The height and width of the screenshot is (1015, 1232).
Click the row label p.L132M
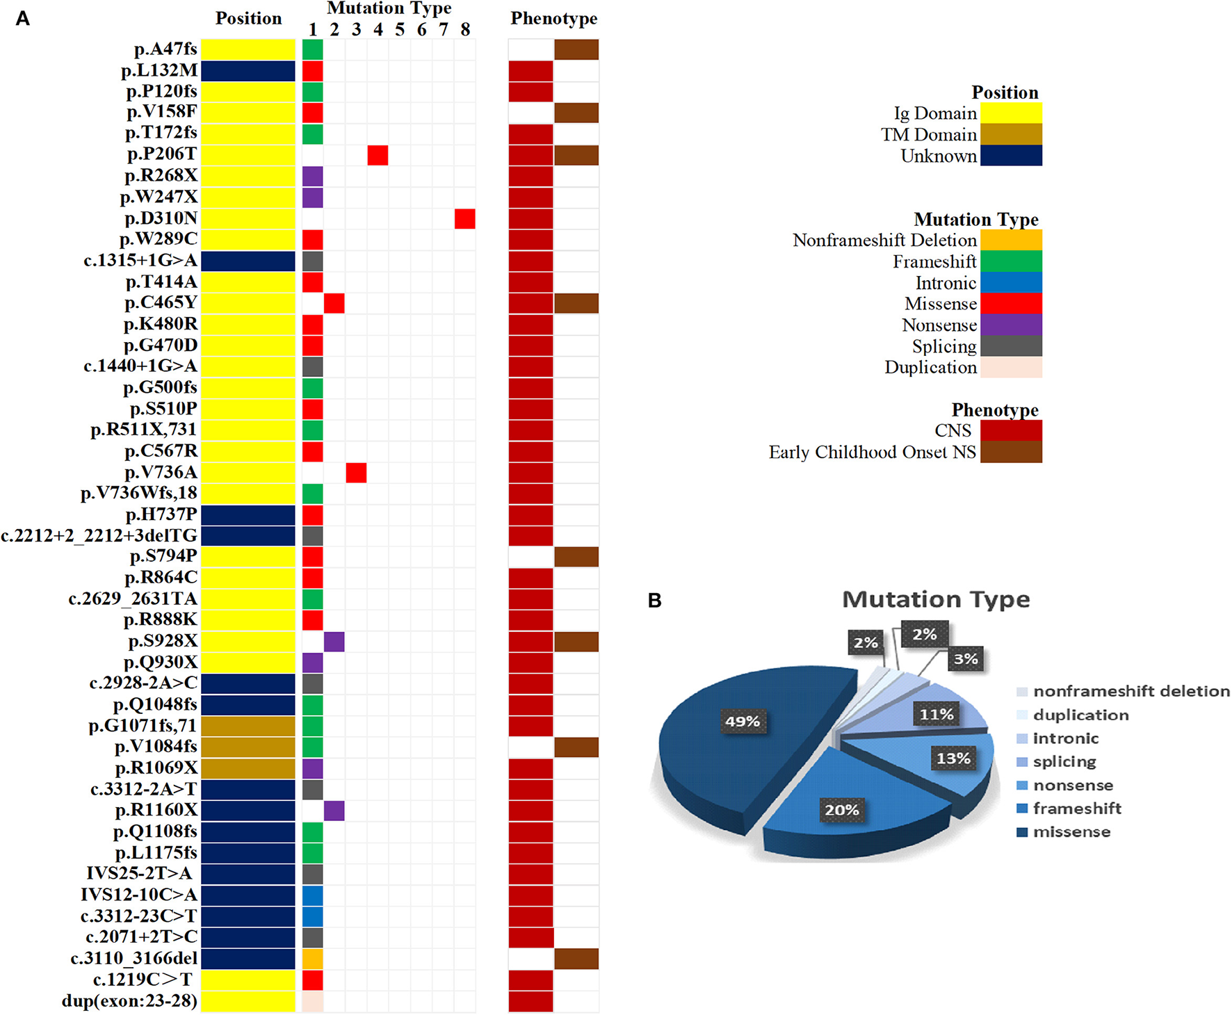click(159, 70)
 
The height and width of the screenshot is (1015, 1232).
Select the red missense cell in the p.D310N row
click(464, 218)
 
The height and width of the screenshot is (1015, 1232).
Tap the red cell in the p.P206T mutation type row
click(378, 155)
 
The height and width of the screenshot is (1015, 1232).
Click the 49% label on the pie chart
click(743, 721)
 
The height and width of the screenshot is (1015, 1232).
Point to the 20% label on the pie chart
click(842, 810)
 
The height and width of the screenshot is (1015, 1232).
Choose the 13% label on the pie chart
click(953, 758)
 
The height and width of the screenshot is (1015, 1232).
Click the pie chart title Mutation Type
click(936, 599)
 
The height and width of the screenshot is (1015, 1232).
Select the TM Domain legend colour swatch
click(1011, 134)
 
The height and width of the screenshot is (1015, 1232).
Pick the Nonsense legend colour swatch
click(1011, 325)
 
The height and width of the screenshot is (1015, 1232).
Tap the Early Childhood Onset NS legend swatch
click(1011, 452)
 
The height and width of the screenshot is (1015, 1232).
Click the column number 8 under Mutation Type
click(465, 30)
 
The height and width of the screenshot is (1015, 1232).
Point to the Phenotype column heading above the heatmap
click(553, 19)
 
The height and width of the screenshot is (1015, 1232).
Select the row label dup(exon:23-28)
click(130, 1001)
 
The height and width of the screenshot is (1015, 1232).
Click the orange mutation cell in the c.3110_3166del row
click(313, 959)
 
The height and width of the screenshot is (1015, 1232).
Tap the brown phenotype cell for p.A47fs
click(576, 49)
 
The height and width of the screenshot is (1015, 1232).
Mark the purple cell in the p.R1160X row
click(334, 811)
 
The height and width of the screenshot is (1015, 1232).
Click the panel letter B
click(654, 601)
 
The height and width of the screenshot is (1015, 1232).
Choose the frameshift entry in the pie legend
click(1076, 809)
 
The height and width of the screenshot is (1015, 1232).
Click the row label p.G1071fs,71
click(143, 726)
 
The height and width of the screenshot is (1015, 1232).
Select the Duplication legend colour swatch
click(1011, 367)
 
